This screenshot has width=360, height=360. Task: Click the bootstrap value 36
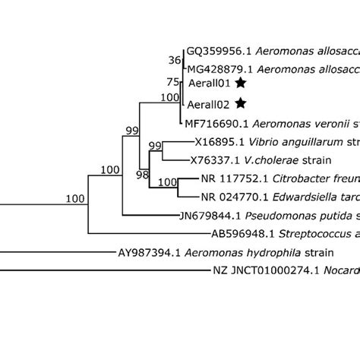[x=175, y=60]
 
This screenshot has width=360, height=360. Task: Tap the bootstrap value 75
[x=175, y=81]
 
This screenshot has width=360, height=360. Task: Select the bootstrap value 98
[x=142, y=175]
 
